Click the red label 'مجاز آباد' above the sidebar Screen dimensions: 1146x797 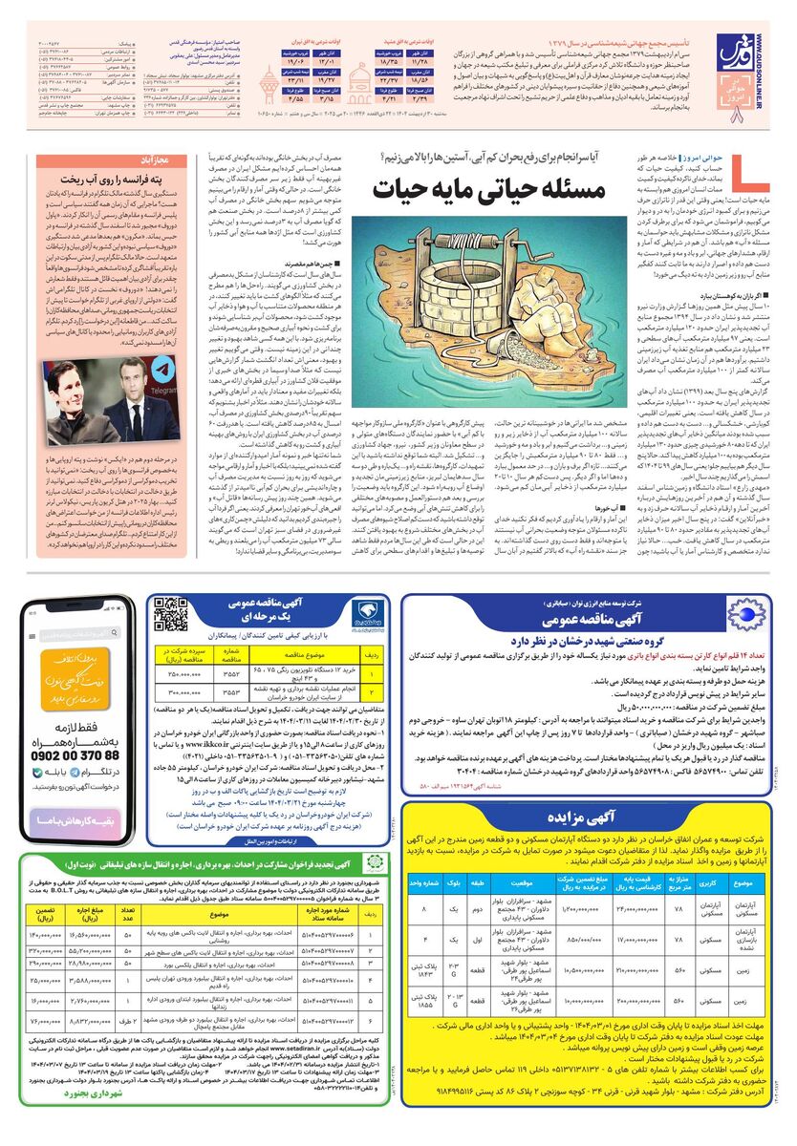coord(149,160)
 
